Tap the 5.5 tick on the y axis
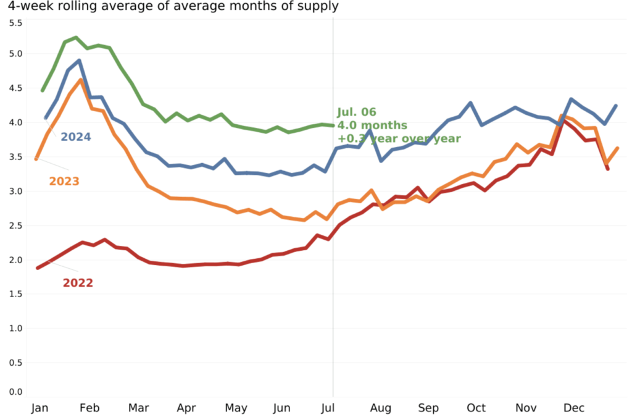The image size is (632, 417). coord(15,23)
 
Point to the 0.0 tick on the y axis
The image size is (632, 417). coord(15,392)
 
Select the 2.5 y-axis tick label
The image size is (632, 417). coord(15,225)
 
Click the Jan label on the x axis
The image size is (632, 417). coord(39,408)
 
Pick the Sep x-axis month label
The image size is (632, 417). coord(428,408)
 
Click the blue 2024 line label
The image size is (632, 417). coord(75,136)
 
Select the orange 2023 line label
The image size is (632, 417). coord(64,181)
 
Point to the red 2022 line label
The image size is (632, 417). coord(78,283)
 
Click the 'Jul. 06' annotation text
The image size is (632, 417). coord(356,112)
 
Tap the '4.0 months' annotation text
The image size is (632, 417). coord(372,125)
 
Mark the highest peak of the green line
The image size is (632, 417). coord(76,38)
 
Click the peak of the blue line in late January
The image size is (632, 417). coord(79,61)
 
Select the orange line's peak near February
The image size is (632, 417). coord(81,80)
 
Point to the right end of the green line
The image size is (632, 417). coord(333,125)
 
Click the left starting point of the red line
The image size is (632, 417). coord(38,267)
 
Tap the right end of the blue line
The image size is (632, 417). coord(616,106)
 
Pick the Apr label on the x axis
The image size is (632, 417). coord(186,408)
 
